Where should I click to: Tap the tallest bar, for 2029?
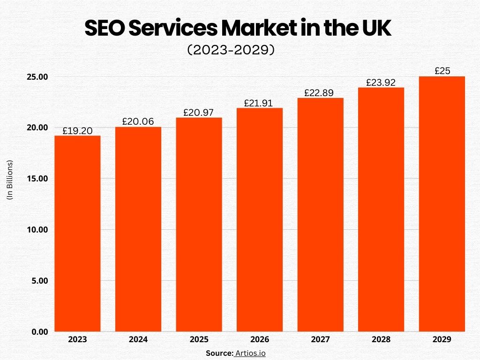tap(442, 204)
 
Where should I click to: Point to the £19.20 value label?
tap(77, 131)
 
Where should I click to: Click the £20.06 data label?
tap(138, 121)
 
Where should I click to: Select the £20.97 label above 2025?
tap(199, 112)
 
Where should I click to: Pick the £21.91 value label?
tap(260, 103)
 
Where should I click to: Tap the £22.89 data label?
tap(320, 93)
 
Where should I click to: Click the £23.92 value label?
tap(381, 82)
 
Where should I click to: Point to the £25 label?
tap(442, 71)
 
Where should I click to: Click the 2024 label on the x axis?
tap(138, 339)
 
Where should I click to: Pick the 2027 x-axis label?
tap(320, 339)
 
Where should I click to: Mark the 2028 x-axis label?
tap(381, 339)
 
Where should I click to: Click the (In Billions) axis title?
tap(10, 180)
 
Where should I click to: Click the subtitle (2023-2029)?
tap(231, 50)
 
